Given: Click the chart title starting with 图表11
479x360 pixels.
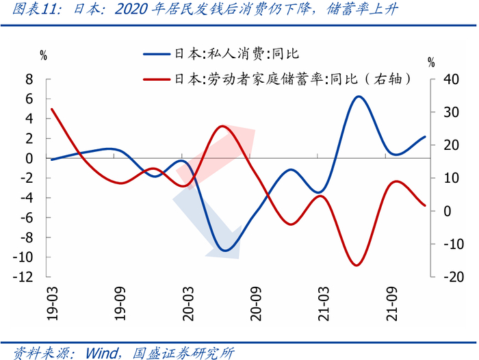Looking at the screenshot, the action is [x=205, y=9].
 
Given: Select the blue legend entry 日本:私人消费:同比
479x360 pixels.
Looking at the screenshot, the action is [x=221, y=54].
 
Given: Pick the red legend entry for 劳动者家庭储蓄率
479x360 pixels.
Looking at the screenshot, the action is [x=277, y=79].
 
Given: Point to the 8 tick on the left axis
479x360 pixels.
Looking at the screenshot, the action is [x=29, y=79].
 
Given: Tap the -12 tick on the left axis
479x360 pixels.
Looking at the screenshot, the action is [x=23, y=277].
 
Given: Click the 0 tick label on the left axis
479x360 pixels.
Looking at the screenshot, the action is [x=29, y=159].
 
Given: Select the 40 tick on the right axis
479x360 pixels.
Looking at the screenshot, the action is [x=452, y=79].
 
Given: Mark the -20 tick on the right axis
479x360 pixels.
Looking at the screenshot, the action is [x=454, y=277].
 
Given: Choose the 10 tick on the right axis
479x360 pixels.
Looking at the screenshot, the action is [x=452, y=178].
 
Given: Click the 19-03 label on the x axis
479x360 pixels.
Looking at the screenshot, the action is [x=53, y=303].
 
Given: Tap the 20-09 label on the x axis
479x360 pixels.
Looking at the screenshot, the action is [x=256, y=303].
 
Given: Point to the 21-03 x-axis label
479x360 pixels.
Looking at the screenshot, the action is [x=324, y=303].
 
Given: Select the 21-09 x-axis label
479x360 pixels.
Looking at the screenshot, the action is [x=392, y=303].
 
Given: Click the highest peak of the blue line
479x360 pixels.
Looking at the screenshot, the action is [x=359, y=97].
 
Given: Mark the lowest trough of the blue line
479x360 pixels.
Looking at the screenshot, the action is [x=225, y=250].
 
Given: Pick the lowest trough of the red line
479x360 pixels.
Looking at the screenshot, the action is [x=357, y=265].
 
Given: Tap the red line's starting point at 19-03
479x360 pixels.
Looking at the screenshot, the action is [x=52, y=109].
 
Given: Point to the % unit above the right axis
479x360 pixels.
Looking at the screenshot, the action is [x=431, y=63].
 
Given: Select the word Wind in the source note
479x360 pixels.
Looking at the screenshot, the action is [x=102, y=353].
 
